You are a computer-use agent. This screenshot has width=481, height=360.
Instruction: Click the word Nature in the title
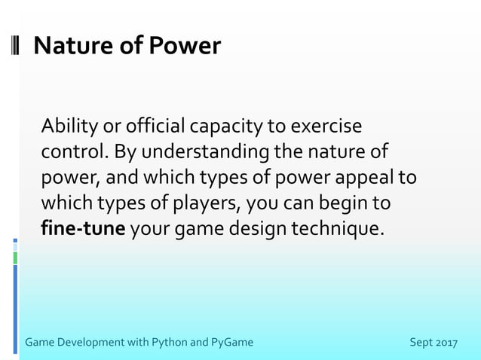point(72,46)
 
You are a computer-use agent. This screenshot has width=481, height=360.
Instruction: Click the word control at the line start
point(74,151)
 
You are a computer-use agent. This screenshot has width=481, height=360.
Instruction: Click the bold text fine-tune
point(82,228)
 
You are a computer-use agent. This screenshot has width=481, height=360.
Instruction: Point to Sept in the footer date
point(421,343)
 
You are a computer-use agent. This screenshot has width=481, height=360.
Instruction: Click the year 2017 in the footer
point(446,343)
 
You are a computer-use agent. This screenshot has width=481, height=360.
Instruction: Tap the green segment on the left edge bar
point(15,258)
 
